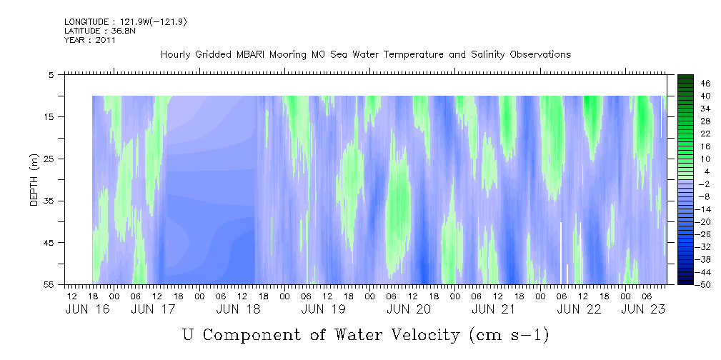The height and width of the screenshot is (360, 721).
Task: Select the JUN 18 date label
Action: tap(238, 310)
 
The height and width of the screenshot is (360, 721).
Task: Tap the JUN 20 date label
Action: tap(409, 310)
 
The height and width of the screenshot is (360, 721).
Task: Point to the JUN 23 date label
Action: tap(643, 310)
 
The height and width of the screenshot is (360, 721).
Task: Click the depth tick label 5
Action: tap(51, 74)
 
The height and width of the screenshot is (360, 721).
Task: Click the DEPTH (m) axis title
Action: tap(34, 180)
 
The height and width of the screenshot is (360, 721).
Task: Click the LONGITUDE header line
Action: tap(125, 21)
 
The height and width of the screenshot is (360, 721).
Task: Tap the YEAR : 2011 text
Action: tap(89, 40)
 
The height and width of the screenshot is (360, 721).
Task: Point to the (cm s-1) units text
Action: tap(509, 335)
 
